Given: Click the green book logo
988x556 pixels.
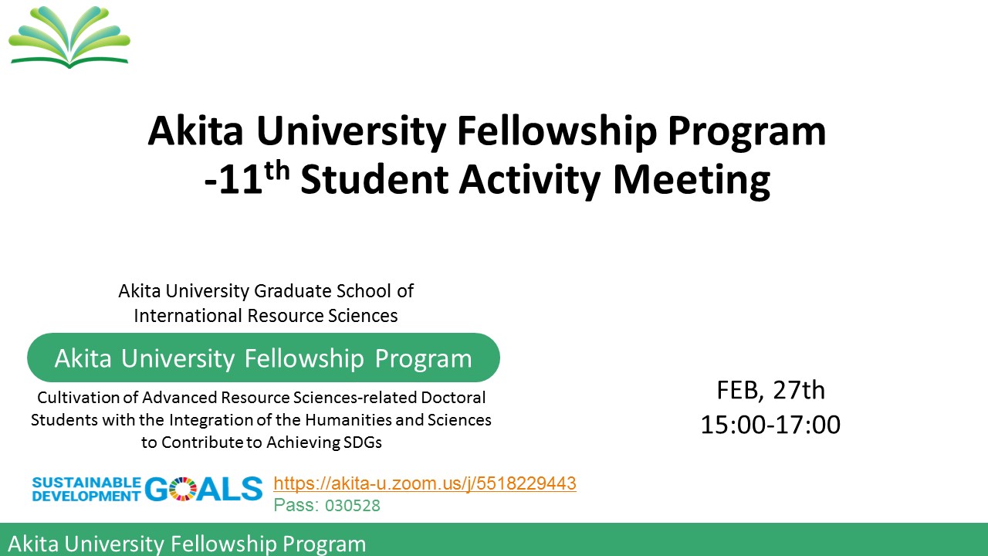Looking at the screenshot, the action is click(69, 37).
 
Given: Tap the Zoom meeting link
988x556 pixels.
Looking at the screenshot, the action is click(425, 483).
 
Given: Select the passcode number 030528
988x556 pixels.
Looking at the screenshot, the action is click(353, 506).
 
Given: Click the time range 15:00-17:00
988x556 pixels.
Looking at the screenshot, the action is click(770, 425).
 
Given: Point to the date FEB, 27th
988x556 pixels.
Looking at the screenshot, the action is click(770, 390).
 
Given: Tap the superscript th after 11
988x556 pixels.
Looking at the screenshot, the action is click(277, 171).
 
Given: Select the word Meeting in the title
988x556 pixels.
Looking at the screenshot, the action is click(692, 180).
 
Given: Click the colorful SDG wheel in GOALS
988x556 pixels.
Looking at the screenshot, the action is click(181, 489).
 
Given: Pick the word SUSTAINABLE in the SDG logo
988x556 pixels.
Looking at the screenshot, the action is click(86, 483).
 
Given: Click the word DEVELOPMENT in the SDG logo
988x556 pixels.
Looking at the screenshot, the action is click(86, 496).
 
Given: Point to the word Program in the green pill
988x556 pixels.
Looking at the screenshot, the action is click(424, 358).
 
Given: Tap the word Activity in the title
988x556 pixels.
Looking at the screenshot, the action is click(530, 180).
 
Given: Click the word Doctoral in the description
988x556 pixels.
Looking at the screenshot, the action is click(453, 398).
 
